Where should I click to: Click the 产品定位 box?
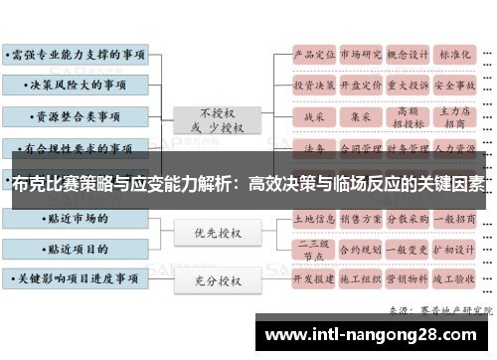click(314, 55)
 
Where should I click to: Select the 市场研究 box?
click(361, 55)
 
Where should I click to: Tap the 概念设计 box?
click(408, 55)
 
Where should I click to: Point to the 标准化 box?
click(455, 55)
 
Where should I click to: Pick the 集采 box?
click(361, 115)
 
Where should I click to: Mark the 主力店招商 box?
click(455, 115)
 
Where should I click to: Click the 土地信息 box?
click(314, 217)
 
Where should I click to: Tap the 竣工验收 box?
click(455, 280)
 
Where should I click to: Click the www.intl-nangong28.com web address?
click(378, 335)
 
